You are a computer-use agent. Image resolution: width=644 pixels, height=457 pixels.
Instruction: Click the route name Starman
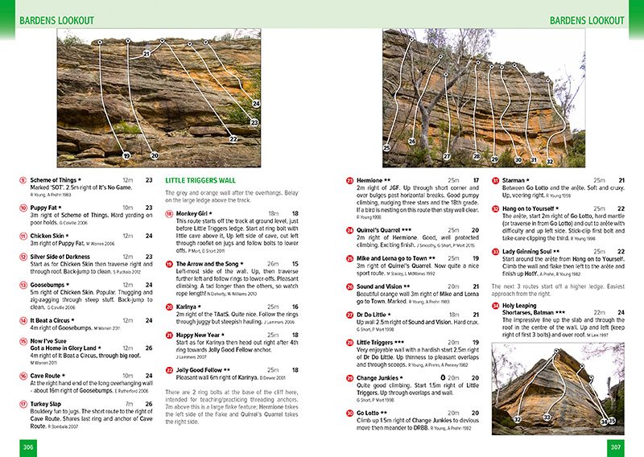coord(517,180)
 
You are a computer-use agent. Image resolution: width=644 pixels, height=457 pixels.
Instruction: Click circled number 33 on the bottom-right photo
coord(547,417)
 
